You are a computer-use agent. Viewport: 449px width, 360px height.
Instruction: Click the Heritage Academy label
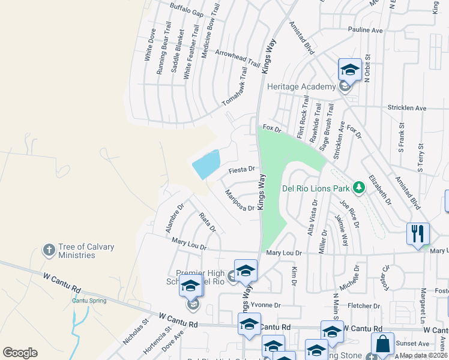[301, 86]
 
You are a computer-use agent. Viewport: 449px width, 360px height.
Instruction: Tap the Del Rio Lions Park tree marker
[359, 187]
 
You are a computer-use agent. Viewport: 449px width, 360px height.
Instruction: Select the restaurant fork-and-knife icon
[418, 233]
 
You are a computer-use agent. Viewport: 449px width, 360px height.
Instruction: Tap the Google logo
[20, 353]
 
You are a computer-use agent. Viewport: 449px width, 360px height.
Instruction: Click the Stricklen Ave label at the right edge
[406, 109]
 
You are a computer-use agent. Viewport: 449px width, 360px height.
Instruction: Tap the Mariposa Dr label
[240, 200]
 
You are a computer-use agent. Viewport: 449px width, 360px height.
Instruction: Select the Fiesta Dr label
[243, 170]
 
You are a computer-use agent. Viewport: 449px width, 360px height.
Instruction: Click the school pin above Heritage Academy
[349, 70]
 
